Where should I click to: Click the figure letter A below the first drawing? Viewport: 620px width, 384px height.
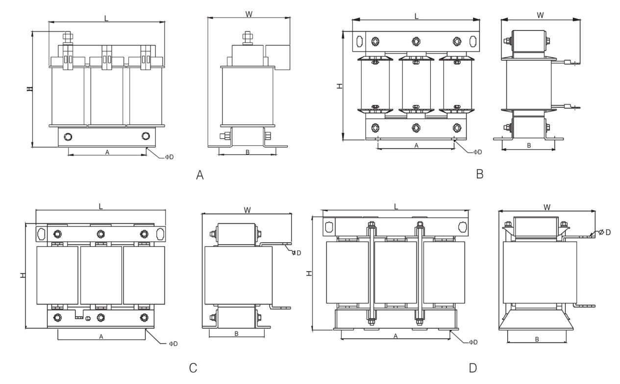[199, 175]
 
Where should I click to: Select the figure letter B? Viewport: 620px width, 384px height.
[480, 174]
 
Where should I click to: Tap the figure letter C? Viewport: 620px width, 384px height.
[193, 368]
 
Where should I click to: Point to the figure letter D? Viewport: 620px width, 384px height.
[473, 368]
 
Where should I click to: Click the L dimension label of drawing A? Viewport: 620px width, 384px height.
[106, 18]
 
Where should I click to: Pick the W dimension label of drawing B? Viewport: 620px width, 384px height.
[540, 15]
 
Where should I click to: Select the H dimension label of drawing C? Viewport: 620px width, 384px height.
[23, 275]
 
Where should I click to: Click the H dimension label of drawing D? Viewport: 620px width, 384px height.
[309, 273]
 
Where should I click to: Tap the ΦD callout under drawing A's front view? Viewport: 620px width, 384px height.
[170, 157]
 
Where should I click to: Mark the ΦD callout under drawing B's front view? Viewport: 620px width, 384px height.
[477, 152]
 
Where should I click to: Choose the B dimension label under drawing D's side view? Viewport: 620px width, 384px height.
[537, 339]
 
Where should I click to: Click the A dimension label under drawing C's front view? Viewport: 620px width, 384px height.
[101, 336]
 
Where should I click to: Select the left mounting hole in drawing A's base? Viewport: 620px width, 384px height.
[68, 137]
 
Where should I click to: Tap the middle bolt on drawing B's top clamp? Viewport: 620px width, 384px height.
[416, 42]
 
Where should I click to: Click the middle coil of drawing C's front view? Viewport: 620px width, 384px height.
[101, 275]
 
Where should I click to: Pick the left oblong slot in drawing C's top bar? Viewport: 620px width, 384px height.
[41, 234]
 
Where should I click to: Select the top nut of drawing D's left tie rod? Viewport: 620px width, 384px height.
[372, 224]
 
